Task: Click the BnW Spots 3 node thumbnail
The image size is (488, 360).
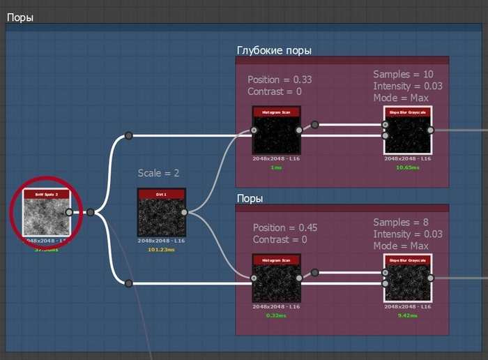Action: (x=46, y=212)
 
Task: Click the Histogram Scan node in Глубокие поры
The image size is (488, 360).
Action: (x=276, y=130)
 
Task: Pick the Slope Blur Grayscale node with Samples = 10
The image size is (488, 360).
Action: (x=407, y=130)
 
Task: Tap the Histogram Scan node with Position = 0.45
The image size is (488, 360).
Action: (x=276, y=278)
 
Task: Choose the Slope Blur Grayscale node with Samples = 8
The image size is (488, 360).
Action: (x=407, y=278)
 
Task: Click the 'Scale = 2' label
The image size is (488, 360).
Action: (x=160, y=173)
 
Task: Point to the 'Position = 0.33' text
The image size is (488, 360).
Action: (x=280, y=80)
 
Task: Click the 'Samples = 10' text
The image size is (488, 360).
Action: (x=403, y=75)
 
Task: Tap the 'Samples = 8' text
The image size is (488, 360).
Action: (x=400, y=223)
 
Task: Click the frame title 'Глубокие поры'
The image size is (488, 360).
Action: (x=274, y=51)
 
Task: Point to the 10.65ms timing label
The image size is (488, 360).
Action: (x=407, y=167)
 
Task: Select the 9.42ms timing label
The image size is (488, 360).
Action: (x=407, y=315)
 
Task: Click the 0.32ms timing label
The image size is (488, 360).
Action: (x=276, y=315)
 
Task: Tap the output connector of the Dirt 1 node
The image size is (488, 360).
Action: (x=184, y=212)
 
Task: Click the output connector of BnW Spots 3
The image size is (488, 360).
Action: (x=69, y=212)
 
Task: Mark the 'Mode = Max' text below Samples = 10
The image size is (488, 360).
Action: (x=401, y=98)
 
